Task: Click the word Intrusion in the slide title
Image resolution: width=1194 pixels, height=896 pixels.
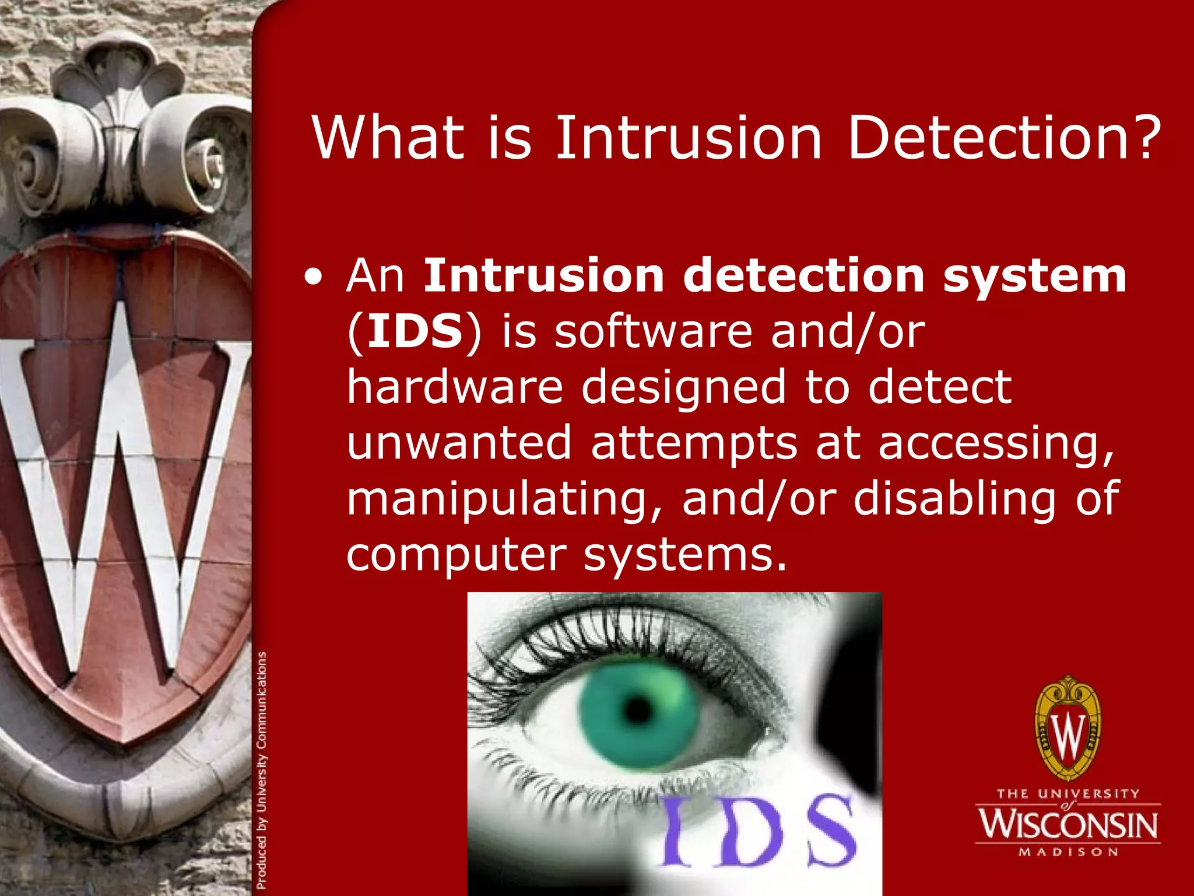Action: coord(688,138)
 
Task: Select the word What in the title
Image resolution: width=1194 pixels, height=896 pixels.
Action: coord(388,138)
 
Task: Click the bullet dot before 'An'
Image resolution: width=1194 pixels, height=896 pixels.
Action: coord(315,279)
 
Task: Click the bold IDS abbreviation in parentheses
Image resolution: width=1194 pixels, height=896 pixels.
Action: coord(415,332)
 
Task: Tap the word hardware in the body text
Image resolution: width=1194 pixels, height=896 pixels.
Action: coord(455,387)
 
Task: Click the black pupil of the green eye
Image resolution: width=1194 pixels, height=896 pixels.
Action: coord(638,709)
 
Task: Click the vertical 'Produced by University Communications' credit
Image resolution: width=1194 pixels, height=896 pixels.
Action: coord(262,770)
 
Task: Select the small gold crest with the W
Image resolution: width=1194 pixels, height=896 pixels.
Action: coord(1068,729)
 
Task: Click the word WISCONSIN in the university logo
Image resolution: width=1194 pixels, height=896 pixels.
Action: coord(1068,824)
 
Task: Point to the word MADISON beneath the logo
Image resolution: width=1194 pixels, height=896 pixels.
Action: coord(1068,852)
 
